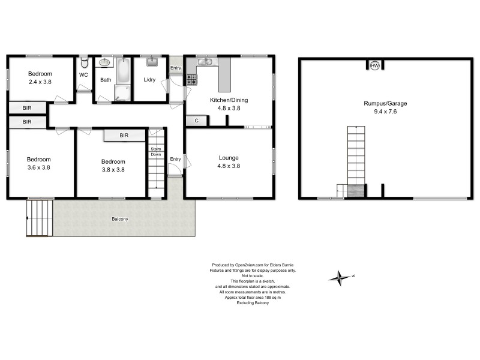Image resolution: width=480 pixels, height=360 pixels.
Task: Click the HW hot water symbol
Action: [375, 66]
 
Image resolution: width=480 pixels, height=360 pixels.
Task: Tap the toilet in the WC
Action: [85, 62]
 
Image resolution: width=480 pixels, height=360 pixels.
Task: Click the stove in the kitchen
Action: [191, 79]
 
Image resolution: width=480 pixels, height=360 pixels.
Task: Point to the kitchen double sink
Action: [205, 61]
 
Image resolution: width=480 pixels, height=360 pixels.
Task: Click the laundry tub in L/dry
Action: [151, 62]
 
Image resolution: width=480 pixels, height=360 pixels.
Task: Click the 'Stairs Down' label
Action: [155, 151]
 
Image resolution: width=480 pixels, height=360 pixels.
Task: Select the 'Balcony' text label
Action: [119, 219]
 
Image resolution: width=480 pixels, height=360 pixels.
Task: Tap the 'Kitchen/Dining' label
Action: [228, 100]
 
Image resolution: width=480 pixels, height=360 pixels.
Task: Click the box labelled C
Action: [196, 121]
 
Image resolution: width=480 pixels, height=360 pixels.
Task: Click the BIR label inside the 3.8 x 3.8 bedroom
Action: [124, 136]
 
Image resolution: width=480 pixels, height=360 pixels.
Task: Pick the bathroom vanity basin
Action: [105, 62]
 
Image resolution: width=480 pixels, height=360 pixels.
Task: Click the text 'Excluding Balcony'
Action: [252, 303]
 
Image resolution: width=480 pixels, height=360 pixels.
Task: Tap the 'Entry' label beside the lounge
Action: [175, 158]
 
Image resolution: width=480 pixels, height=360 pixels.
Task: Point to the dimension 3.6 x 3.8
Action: [38, 169]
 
